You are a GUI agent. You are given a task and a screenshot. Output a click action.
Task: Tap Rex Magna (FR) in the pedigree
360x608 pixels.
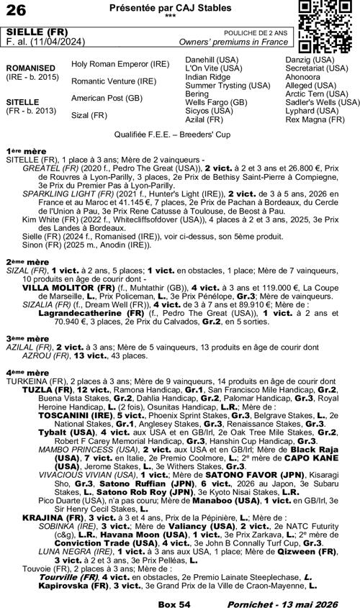310,119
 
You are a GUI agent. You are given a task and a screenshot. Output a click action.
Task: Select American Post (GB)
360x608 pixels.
107,98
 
